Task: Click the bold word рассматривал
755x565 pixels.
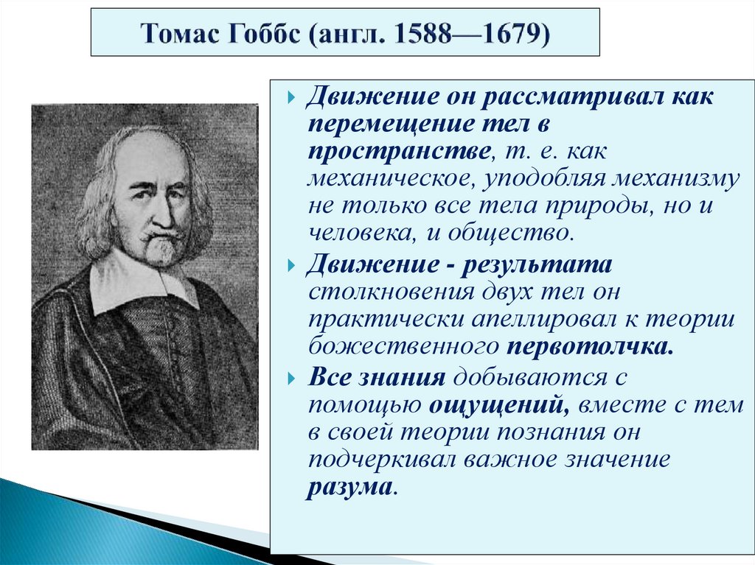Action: tap(566, 98)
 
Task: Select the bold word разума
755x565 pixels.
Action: tap(350, 486)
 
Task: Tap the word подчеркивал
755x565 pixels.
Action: tap(383, 459)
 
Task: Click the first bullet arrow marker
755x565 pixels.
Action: tap(292, 99)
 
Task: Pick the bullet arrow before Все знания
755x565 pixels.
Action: tap(292, 377)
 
